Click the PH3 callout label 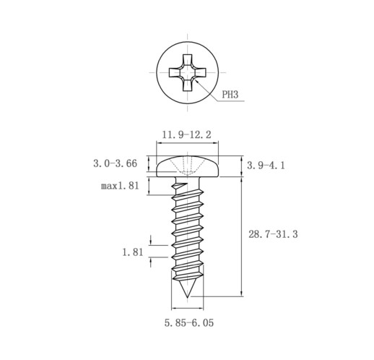coord(230,94)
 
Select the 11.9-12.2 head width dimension coord(186,134)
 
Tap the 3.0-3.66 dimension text coord(115,163)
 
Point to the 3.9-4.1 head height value coord(266,166)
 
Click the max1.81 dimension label coord(120,186)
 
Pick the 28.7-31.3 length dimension coord(273,234)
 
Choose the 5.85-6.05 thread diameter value coord(189,322)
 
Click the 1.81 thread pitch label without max coord(133,252)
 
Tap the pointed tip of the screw coord(187,297)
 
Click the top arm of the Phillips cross coord(188,60)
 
